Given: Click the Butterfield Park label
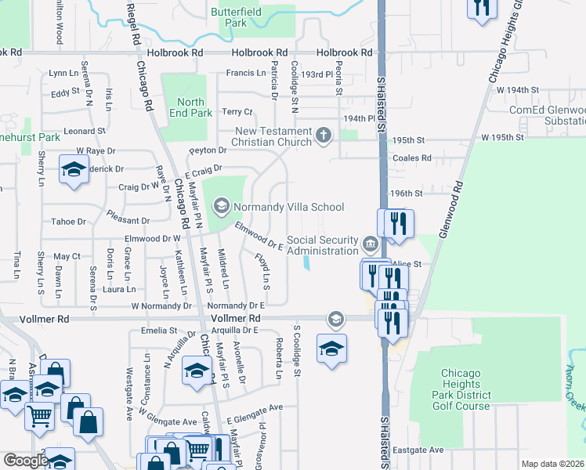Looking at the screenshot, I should [240, 17].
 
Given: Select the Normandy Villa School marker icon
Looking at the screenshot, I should [221, 207].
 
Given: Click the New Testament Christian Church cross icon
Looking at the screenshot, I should [323, 136].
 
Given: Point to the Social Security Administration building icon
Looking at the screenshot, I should [370, 245].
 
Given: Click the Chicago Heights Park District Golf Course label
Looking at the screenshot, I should [461, 389].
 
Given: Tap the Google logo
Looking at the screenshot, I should [25, 461].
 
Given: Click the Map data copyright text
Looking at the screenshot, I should [552, 464].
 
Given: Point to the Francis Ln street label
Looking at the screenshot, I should [246, 73].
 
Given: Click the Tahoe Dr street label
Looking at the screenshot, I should [67, 222].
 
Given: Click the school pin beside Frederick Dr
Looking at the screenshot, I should [74, 170].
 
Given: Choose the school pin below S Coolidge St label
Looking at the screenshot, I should [331, 348].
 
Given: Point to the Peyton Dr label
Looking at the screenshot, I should [208, 150].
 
